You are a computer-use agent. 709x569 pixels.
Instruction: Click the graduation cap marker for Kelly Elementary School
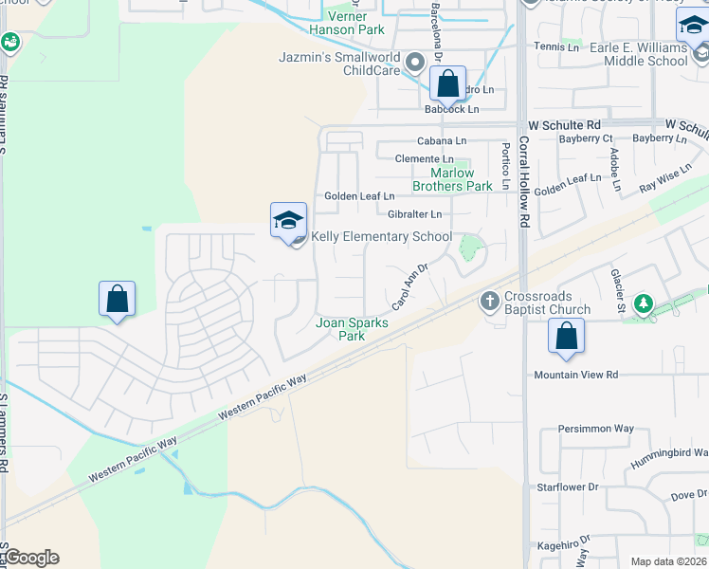coord(288,221)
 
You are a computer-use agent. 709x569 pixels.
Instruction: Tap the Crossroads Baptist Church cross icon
coord(489,302)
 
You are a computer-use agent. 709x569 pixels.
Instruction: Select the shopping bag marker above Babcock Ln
coord(448,83)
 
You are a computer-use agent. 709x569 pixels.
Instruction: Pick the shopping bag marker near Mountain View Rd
coord(566,336)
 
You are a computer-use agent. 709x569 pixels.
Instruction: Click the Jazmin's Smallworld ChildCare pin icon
coord(413,63)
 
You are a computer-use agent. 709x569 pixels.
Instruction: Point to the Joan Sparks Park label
coord(340,329)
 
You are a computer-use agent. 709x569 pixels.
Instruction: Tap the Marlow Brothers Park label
coord(452,179)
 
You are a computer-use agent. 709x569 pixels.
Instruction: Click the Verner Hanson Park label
coord(355,23)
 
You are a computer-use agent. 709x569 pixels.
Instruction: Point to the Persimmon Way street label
coord(596,429)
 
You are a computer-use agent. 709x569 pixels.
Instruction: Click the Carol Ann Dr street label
coord(410,287)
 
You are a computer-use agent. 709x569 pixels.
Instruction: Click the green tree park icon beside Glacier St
coord(644,303)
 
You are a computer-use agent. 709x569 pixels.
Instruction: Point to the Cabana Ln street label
coord(442,140)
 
